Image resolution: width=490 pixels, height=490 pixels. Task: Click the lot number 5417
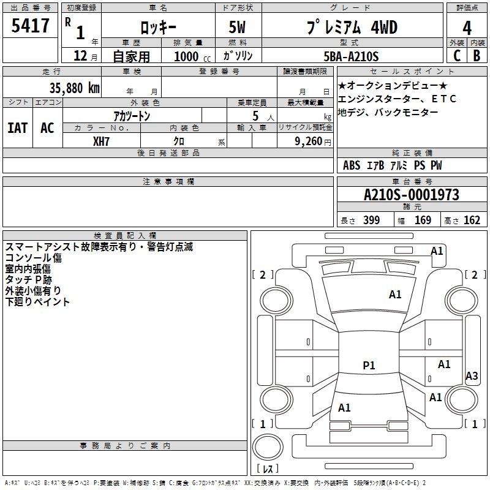point(30,26)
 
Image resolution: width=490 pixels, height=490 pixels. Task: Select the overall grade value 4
point(467,28)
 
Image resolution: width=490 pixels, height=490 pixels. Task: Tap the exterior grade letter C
point(457,56)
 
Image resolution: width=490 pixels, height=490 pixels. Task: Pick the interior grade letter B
point(477,56)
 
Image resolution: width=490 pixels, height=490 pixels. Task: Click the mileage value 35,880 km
point(74,88)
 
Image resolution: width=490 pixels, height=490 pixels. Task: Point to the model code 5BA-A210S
point(351,56)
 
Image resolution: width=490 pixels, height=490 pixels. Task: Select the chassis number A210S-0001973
point(412,195)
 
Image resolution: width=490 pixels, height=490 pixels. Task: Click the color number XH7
point(101,141)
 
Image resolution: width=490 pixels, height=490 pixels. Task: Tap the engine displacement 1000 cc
point(192,57)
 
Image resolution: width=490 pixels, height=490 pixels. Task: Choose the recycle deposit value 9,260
point(309,141)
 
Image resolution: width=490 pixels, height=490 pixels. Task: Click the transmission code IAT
point(18,128)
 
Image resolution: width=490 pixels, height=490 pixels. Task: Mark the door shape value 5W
point(237,27)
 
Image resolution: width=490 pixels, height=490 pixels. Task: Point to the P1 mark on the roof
point(369,365)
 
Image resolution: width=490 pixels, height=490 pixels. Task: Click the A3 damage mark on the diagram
point(472,375)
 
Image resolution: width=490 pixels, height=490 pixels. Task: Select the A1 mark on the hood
point(395,295)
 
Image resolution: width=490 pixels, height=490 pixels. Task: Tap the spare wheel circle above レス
point(268,447)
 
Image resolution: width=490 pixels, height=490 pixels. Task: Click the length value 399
point(371,221)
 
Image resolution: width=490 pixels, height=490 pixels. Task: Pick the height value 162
point(472,221)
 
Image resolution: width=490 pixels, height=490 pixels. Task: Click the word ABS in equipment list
point(352,165)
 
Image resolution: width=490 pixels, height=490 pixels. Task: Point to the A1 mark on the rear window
point(344,408)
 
